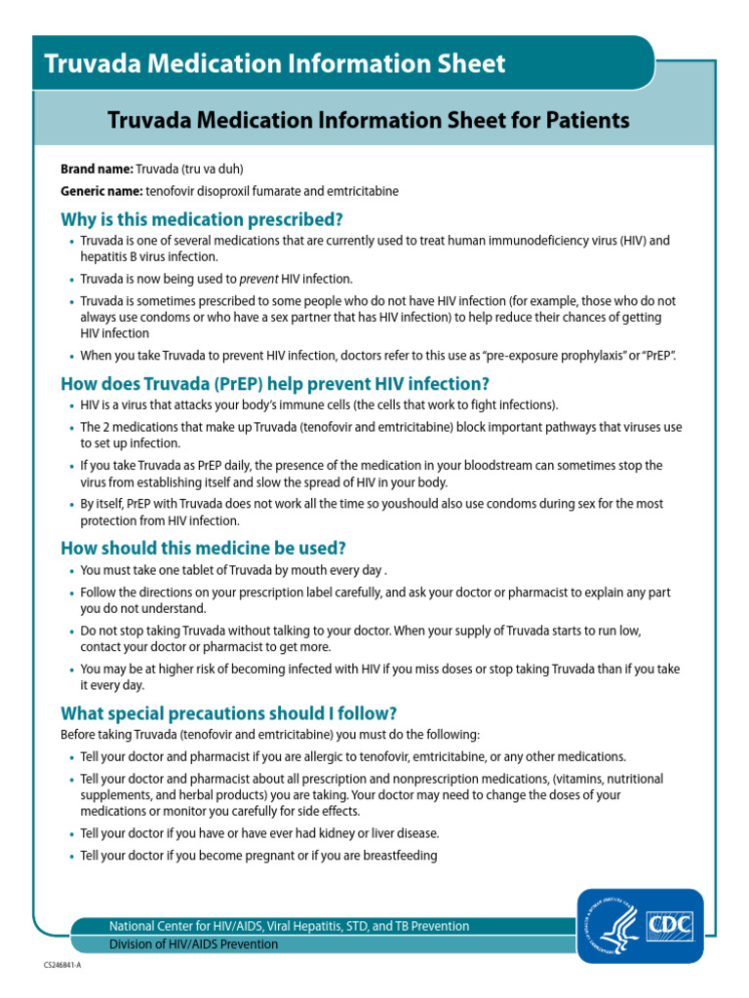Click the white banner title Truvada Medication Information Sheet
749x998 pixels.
[x=274, y=64]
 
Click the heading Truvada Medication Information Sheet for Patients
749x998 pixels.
[x=369, y=120]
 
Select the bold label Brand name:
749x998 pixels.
[x=97, y=169]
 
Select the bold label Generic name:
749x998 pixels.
[x=102, y=191]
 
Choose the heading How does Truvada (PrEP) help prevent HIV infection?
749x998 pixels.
[x=275, y=383]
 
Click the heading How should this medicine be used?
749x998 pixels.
[x=203, y=548]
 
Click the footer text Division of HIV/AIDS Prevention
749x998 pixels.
[x=193, y=944]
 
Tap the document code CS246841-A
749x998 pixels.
[x=62, y=963]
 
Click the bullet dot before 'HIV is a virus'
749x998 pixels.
[x=71, y=405]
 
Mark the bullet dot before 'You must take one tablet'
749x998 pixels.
[x=71, y=571]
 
